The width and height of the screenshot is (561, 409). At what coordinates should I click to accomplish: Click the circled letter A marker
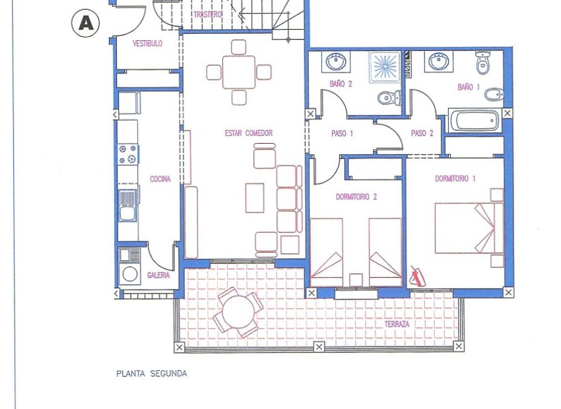click(84, 22)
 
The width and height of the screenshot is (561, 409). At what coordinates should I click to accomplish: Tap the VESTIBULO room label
click(148, 44)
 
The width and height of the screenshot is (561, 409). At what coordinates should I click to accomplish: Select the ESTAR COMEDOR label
click(248, 133)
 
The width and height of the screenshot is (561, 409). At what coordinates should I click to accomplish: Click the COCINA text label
click(160, 179)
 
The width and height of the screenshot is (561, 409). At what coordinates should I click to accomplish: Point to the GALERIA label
click(158, 276)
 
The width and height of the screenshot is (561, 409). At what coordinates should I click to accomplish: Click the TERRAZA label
click(397, 325)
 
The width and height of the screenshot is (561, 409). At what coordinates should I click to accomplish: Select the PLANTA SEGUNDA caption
click(151, 373)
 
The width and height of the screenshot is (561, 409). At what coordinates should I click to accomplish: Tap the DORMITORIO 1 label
click(455, 178)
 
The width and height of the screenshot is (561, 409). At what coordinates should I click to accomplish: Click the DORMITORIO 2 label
click(356, 196)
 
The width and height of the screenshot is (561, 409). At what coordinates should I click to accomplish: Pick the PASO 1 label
click(342, 133)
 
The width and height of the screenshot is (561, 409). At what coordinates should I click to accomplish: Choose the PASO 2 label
click(422, 133)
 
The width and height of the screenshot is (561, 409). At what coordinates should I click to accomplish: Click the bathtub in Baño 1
click(475, 121)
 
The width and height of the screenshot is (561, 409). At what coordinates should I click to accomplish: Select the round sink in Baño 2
click(336, 63)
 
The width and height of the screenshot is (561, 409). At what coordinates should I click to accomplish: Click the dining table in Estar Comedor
click(239, 71)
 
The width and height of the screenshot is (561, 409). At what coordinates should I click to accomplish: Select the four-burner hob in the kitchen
click(128, 154)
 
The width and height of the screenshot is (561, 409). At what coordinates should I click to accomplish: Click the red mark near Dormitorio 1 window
click(417, 276)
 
